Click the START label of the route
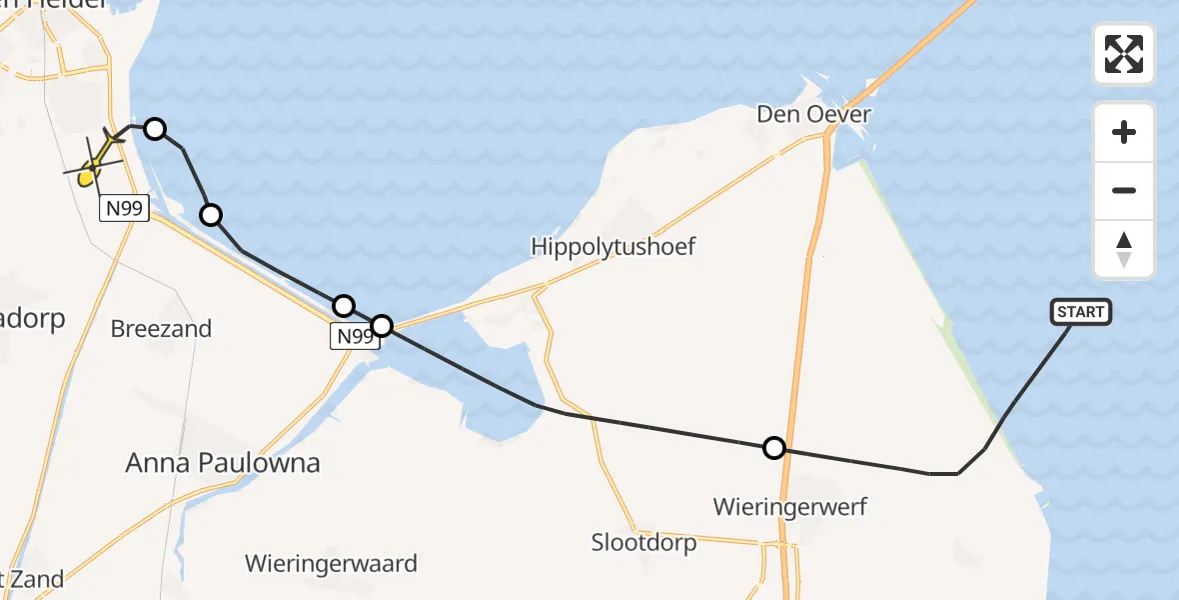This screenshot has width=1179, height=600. [1080, 312]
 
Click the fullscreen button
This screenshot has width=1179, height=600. [1124, 54]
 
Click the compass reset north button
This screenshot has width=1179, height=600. [1124, 249]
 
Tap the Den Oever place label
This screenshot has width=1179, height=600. [813, 114]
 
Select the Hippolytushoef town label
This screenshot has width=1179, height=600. [613, 246]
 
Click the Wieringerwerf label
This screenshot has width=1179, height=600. [790, 506]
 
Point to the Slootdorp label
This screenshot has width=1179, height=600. [643, 543]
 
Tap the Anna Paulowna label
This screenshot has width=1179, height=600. [223, 463]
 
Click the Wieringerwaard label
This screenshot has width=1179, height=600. [331, 564]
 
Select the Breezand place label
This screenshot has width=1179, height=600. [161, 329]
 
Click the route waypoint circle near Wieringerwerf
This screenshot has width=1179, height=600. [774, 448]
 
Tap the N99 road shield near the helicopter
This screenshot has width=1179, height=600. [124, 208]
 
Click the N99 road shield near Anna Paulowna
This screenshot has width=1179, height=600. [355, 337]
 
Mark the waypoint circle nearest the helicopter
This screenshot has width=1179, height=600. [155, 128]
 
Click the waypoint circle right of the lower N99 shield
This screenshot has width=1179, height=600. [382, 325]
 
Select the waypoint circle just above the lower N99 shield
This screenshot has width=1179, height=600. [343, 305]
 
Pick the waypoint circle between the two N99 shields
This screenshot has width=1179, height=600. [211, 214]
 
